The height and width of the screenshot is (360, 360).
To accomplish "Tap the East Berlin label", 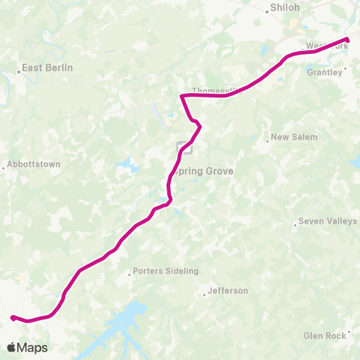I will coord(47,67).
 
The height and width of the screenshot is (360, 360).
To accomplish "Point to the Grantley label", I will coord(325,73).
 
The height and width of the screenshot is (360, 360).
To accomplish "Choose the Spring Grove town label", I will coord(203,171).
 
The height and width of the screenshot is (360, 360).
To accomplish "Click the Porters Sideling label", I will coord(165,271).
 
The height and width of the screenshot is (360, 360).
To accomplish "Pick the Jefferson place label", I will coord(227,290).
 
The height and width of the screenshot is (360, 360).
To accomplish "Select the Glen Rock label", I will coord(325,336).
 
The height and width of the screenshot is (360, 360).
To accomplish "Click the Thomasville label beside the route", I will coord(214,91).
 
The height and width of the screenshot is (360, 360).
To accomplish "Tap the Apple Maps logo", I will coord(27,347).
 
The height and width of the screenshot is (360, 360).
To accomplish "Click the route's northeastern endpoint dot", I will coord(346,39).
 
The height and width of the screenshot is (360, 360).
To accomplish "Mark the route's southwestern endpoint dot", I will coord(13,317).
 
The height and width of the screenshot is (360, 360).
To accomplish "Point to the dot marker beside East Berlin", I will coord(19,73).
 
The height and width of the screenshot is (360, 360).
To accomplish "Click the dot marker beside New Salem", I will coord(268,138).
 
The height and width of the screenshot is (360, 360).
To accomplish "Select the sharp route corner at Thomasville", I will coord(181,95).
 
